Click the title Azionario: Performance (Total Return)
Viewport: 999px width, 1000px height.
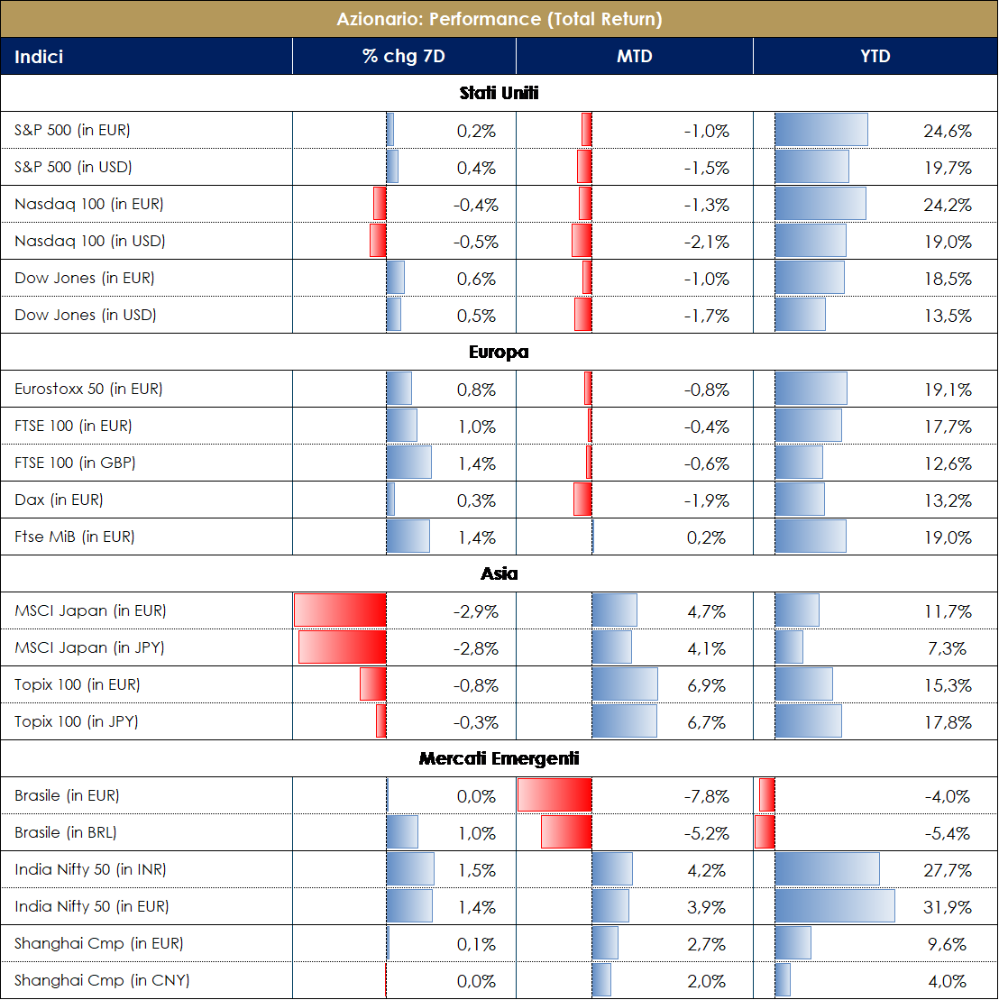pyautogui.click(x=499, y=19)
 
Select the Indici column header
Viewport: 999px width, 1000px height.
pyautogui.click(x=39, y=57)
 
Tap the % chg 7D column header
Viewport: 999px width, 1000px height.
pyautogui.click(x=404, y=57)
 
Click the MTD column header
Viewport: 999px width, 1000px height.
pyautogui.click(x=634, y=57)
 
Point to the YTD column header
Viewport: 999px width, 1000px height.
pyautogui.click(x=875, y=57)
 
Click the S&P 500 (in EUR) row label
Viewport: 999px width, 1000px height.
pyautogui.click(x=72, y=130)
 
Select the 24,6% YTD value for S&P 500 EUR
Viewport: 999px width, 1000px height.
pyautogui.click(x=947, y=131)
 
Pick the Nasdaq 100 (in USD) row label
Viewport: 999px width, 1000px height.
pyautogui.click(x=90, y=241)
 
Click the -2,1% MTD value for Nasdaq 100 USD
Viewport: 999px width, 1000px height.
pyautogui.click(x=706, y=242)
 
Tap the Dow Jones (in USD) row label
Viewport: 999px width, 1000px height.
pyautogui.click(x=86, y=315)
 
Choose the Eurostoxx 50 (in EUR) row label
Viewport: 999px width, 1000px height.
pyautogui.click(x=88, y=389)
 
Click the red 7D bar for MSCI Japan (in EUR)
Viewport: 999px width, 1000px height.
pyautogui.click(x=340, y=610)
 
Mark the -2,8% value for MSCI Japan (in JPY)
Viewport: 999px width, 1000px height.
pyautogui.click(x=475, y=648)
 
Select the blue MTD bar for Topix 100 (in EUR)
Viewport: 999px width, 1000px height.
pyautogui.click(x=625, y=684)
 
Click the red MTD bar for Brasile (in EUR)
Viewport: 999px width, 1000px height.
pyautogui.click(x=554, y=795)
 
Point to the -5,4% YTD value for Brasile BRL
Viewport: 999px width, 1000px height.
pyautogui.click(x=947, y=833)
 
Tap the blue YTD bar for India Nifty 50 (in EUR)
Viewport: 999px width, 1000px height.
pyautogui.click(x=835, y=906)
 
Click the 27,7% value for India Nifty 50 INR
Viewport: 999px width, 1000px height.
pyautogui.click(x=947, y=870)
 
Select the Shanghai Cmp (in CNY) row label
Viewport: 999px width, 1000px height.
pyautogui.click(x=102, y=980)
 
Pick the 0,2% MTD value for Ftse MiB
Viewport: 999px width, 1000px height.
pyautogui.click(x=710, y=537)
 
